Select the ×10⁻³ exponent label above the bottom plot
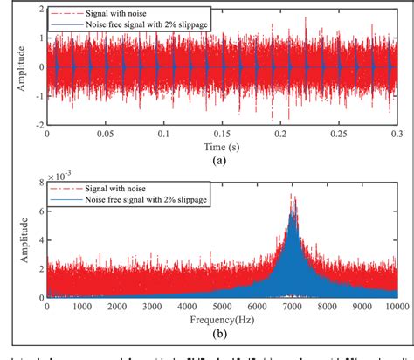(x=59, y=175)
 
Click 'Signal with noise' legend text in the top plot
(x=115, y=14)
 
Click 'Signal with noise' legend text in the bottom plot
(x=114, y=188)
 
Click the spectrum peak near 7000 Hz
(x=293, y=198)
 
